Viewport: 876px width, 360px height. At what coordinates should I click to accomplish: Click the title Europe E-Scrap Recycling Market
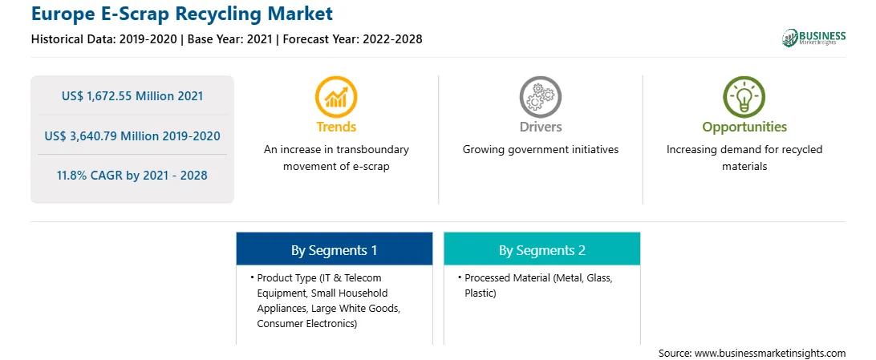(182, 14)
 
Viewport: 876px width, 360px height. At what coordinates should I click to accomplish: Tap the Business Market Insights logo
(813, 38)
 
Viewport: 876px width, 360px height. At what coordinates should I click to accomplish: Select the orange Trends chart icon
(336, 96)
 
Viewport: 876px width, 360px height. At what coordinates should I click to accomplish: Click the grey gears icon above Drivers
(540, 96)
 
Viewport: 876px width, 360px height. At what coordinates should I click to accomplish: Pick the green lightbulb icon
(744, 96)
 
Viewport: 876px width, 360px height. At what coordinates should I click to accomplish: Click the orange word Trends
(336, 127)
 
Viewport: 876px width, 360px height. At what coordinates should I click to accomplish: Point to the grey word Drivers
(541, 127)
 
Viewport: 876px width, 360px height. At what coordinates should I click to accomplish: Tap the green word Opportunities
(744, 127)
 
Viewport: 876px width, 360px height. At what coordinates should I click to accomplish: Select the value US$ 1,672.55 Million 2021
(132, 96)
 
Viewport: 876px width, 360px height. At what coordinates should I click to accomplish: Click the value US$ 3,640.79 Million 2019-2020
(132, 136)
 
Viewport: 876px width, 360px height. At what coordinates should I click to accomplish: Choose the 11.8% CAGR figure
(132, 176)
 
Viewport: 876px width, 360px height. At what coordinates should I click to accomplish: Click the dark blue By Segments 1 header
(334, 250)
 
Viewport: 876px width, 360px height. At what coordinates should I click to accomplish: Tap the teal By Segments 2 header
(542, 250)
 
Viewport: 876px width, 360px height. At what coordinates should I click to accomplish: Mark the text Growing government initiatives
(541, 150)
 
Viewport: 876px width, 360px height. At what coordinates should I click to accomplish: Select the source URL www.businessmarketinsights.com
(770, 353)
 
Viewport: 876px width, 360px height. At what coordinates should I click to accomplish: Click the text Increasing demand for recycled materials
(744, 158)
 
